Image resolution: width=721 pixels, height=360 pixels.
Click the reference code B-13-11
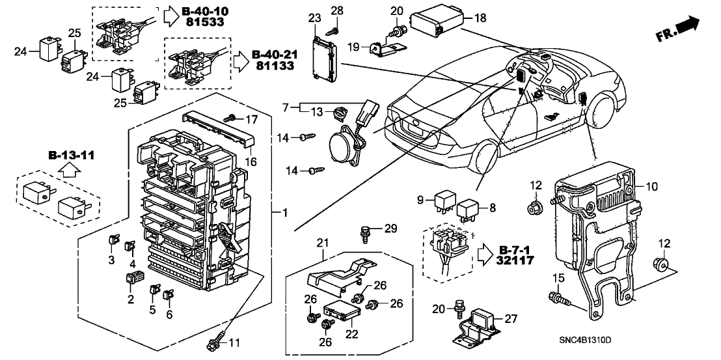coord(71,156)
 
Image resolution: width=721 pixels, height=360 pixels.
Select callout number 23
coord(315,18)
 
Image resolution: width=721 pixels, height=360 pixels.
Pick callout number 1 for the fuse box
coord(284,212)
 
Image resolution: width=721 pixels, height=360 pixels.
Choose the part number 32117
coord(514,261)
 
